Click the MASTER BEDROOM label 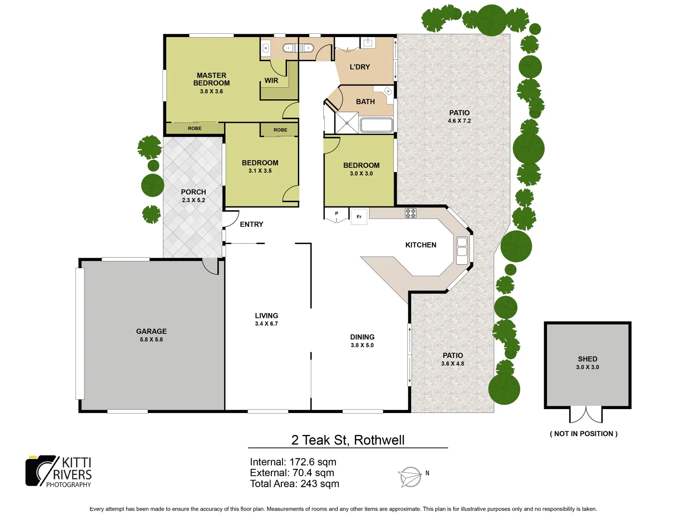(x=211, y=79)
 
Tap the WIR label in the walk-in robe (x=271, y=81)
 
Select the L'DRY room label (x=360, y=67)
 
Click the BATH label (x=365, y=102)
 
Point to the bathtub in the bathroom (x=376, y=125)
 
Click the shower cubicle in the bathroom (x=347, y=123)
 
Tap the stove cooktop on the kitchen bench (x=411, y=213)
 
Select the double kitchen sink (x=462, y=247)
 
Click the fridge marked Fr (x=359, y=217)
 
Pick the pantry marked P (x=336, y=214)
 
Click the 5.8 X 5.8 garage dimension (x=151, y=340)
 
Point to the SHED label (x=587, y=359)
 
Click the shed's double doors (x=586, y=414)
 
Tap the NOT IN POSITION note (x=584, y=434)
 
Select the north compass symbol (x=411, y=477)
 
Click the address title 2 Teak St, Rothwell (x=347, y=440)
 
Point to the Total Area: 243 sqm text (x=294, y=484)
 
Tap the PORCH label (x=193, y=192)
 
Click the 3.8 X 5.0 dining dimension (x=362, y=345)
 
